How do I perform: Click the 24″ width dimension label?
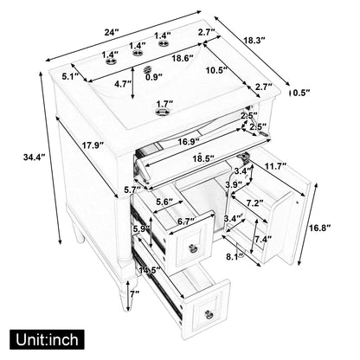pyautogui.click(x=112, y=32)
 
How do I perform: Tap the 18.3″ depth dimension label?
pyautogui.click(x=254, y=40)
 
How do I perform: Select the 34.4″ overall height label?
pyautogui.click(x=35, y=157)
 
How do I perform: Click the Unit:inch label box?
pyautogui.click(x=47, y=339)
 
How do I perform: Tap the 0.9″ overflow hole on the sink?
pyautogui.click(x=148, y=70)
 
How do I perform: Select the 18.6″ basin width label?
pyautogui.click(x=183, y=58)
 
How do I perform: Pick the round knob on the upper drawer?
pyautogui.click(x=192, y=247)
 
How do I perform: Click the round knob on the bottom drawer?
pyautogui.click(x=208, y=313)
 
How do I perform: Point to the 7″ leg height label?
pyautogui.click(x=134, y=294)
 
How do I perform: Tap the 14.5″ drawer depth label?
pyautogui.click(x=150, y=271)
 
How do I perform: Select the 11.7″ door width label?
pyautogui.click(x=275, y=165)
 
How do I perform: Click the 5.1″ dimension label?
pyautogui.click(x=71, y=76)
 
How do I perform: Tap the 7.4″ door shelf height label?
pyautogui.click(x=263, y=239)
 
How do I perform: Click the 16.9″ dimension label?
pyautogui.click(x=189, y=142)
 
